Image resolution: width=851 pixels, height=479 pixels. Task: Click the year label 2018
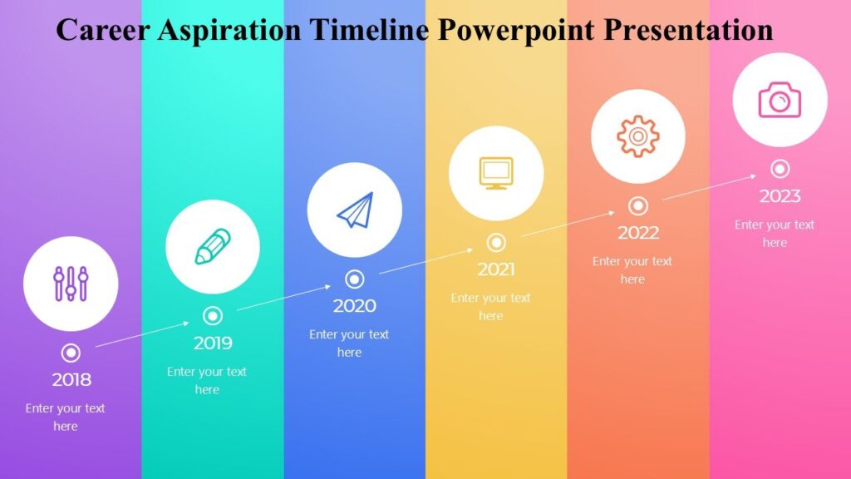71,380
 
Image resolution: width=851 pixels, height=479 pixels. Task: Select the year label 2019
213,343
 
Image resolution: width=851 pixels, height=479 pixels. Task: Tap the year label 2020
355,306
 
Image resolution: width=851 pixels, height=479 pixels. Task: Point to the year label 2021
496,269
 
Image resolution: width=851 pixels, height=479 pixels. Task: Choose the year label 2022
638,233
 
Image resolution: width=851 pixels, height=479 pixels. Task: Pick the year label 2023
780,196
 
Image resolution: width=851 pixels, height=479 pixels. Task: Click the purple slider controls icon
71,284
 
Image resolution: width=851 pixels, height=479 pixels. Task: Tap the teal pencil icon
213,247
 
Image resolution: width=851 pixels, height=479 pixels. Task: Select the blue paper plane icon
355,210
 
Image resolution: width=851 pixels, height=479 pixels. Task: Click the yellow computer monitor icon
496,173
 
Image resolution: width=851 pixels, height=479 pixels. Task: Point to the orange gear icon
638,136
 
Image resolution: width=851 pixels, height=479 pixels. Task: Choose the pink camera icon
780,100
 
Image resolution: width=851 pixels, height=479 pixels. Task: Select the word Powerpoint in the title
515,31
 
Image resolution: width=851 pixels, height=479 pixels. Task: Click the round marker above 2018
71,353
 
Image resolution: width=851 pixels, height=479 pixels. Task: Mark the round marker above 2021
496,242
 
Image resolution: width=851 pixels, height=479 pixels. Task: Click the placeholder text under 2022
632,270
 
